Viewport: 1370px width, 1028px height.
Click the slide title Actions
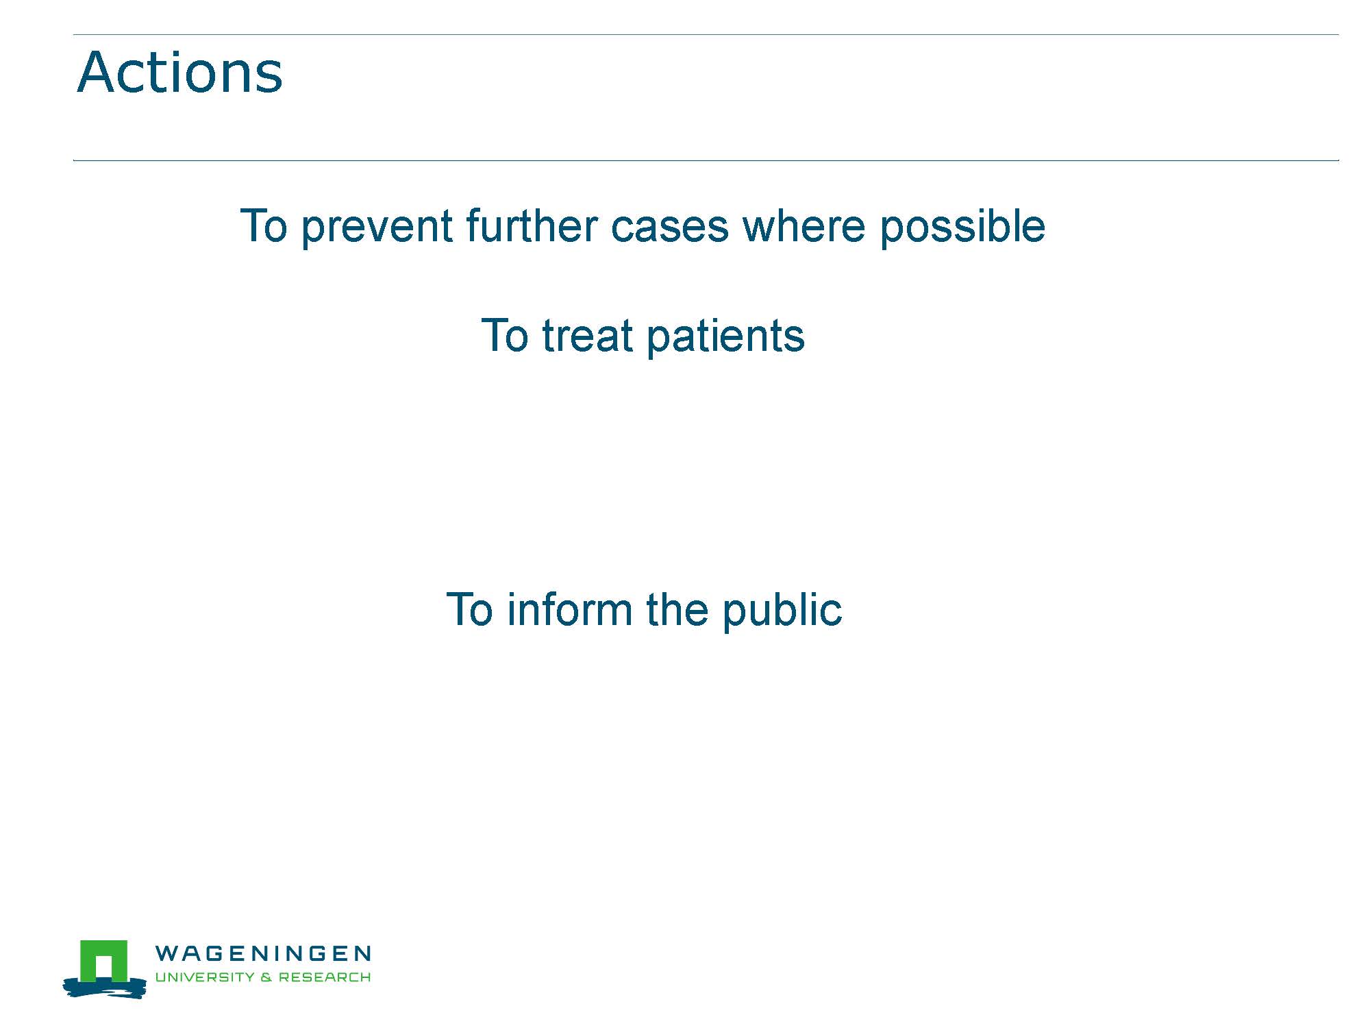click(179, 72)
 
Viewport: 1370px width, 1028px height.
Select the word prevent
click(377, 227)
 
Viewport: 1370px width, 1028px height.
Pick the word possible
click(962, 227)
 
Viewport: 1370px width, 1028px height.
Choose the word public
click(782, 610)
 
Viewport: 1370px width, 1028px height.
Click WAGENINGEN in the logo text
click(263, 953)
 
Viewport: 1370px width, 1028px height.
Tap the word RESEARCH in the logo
click(325, 977)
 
